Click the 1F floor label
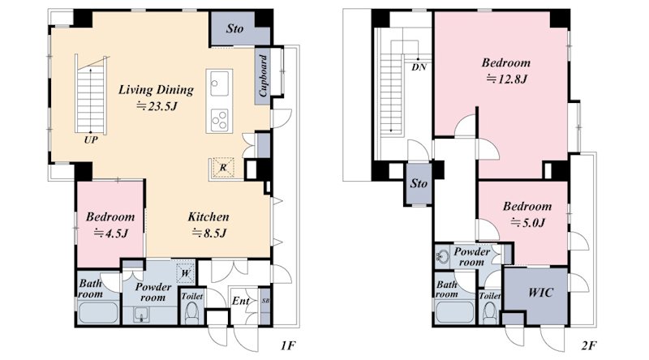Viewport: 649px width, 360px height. tap(288, 345)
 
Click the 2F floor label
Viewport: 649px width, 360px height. tap(589, 345)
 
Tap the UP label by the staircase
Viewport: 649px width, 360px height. tap(91, 139)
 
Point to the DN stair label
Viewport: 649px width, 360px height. tap(419, 67)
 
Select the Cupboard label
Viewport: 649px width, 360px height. tap(263, 76)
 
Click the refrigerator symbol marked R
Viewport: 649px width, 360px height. tap(223, 168)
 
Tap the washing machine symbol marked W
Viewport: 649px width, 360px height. tap(185, 273)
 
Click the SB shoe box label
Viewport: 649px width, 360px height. tap(265, 302)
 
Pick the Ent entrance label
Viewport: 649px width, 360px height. tap(240, 301)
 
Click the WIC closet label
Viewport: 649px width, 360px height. tap(540, 293)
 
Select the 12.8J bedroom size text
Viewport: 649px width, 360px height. tap(506, 79)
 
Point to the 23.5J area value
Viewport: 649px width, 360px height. tap(157, 106)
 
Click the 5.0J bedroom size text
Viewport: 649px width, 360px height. tap(528, 223)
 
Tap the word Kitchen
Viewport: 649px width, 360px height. tap(208, 216)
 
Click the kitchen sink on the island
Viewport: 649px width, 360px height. tap(219, 84)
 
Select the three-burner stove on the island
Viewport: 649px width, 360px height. tap(219, 119)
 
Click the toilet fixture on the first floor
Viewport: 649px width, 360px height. tap(191, 313)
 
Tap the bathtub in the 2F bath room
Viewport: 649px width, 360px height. tap(455, 312)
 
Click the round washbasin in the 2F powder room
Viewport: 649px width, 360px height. tap(443, 256)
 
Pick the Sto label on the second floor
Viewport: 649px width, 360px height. tap(419, 183)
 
